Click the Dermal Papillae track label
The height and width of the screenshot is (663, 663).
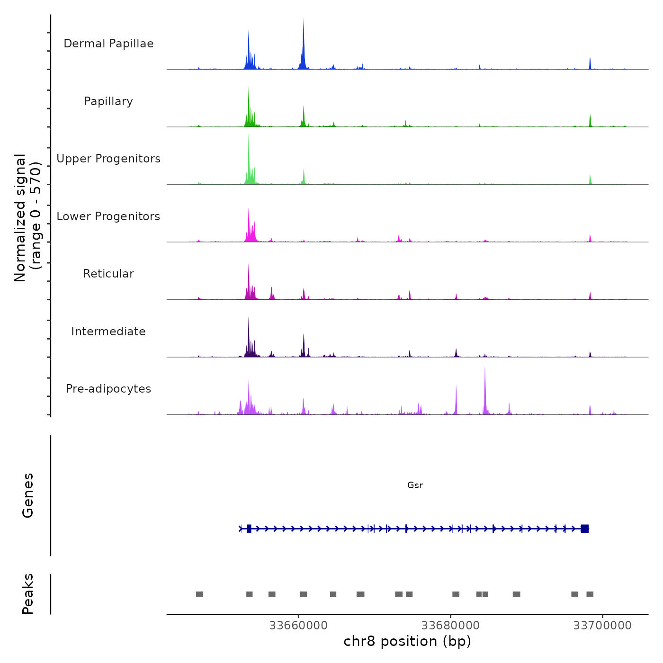[108, 44]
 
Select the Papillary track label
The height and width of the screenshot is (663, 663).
[108, 101]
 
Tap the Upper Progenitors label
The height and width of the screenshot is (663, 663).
[108, 159]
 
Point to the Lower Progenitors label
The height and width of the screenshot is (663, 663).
[108, 216]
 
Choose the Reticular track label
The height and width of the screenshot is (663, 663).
[108, 274]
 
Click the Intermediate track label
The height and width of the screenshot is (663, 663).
[108, 331]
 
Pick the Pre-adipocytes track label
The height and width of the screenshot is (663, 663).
[108, 389]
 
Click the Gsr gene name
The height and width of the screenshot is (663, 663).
[415, 485]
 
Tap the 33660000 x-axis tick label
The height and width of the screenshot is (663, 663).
[298, 626]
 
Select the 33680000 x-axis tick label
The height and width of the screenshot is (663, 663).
[450, 626]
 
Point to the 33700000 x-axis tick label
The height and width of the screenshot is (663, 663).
[602, 626]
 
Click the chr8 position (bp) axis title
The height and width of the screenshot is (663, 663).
[407, 641]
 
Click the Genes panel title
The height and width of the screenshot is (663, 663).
[28, 495]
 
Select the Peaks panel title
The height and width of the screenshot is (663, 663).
[28, 594]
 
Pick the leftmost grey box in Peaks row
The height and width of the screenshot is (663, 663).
[199, 594]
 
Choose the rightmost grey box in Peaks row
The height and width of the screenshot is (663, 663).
[590, 594]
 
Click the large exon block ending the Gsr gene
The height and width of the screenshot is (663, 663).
[585, 529]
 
